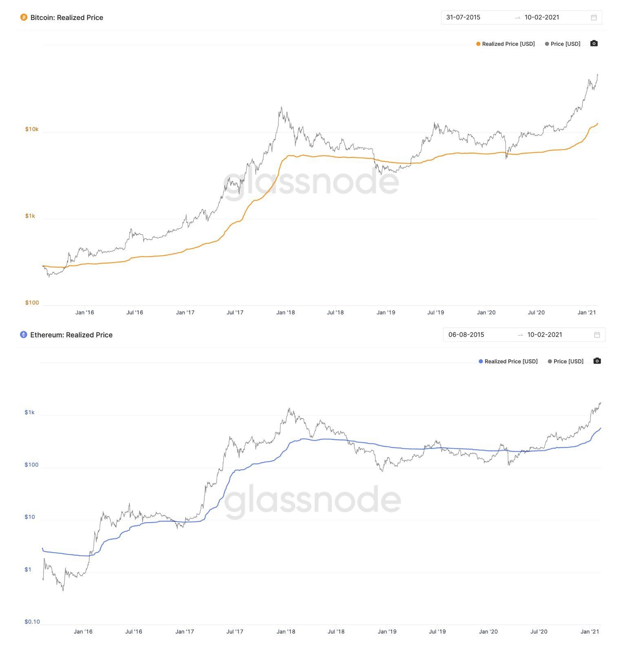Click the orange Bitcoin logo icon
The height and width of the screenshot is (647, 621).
24,18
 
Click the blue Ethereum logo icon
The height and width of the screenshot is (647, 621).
24,335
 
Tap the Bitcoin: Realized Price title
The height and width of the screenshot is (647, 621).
67,18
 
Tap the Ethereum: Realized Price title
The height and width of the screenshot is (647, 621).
71,335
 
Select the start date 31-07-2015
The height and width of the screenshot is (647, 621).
463,18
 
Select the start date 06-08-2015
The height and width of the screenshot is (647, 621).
466,335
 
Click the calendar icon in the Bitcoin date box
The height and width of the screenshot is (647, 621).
594,18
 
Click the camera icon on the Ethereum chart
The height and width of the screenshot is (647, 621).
597,361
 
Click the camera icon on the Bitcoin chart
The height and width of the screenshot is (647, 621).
594,44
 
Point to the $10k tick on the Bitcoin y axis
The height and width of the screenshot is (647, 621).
32,129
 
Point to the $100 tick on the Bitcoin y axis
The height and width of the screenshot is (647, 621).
32,303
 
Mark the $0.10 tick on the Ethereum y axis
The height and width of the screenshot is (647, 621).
32,622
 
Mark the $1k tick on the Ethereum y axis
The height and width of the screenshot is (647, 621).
29,412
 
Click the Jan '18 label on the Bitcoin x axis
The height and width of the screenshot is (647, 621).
285,312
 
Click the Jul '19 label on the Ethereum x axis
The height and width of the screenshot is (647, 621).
437,631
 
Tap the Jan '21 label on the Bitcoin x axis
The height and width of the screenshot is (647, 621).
587,312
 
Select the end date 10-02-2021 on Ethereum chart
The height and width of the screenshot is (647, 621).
545,335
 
